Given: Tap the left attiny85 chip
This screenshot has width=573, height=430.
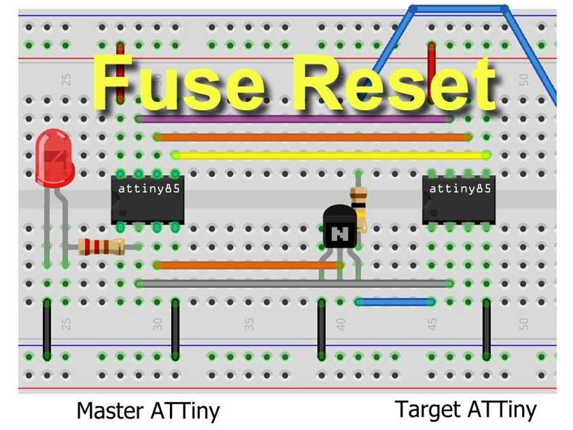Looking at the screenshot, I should (x=148, y=199).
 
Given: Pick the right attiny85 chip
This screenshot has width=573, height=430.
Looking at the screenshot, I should (x=460, y=199).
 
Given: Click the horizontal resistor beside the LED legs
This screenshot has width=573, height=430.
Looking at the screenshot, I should (x=101, y=246).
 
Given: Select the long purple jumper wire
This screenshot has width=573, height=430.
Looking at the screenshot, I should (x=293, y=119).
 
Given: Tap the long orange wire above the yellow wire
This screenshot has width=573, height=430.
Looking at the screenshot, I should (x=312, y=137).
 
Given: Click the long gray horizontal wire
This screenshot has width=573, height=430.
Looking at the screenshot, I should (x=293, y=283).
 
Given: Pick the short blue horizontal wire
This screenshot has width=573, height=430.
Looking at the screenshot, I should (x=395, y=302).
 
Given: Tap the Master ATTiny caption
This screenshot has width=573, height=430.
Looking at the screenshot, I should (x=148, y=411).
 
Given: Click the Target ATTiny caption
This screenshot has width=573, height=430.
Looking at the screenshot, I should (x=465, y=409).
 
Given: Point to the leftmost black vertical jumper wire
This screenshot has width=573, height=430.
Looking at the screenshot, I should (x=46, y=329).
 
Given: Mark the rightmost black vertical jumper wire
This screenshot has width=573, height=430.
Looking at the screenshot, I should (x=486, y=329).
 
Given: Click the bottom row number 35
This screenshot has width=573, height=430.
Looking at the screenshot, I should (x=250, y=324).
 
